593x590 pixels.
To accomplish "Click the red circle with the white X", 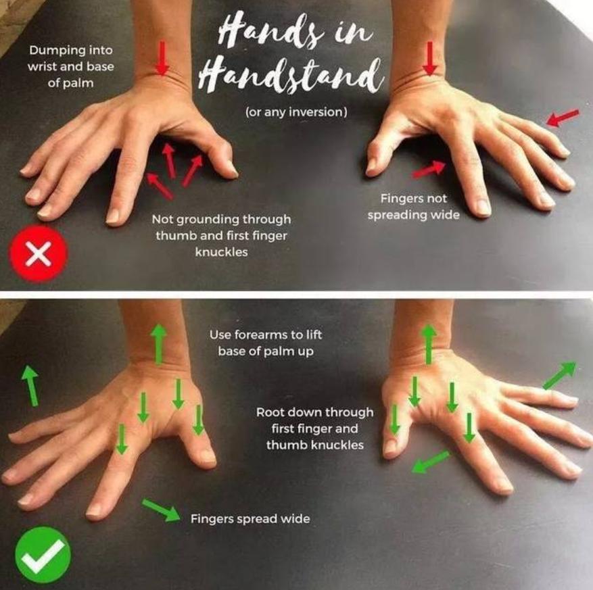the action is [38, 253].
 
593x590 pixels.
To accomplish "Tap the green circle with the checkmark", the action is [43, 555].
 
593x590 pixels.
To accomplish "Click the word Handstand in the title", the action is [292, 74].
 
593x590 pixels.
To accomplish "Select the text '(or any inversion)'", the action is [296, 112].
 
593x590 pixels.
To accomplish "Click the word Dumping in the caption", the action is [57, 50].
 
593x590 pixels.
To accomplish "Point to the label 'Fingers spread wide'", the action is [250, 518].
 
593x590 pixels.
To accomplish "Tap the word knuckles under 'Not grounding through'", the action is [221, 252].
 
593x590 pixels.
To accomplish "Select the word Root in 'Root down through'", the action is [270, 412].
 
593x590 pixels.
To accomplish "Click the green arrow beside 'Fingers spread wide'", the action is [161, 510].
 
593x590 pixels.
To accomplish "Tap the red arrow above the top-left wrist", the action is [162, 58].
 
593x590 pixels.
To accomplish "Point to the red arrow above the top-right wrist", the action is [430, 58].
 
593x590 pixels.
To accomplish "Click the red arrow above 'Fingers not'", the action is [429, 170].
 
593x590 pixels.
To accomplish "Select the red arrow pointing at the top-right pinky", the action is [563, 118].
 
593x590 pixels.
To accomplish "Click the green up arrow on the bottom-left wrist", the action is [159, 344].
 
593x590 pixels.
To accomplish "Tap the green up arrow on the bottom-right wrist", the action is [429, 344].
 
